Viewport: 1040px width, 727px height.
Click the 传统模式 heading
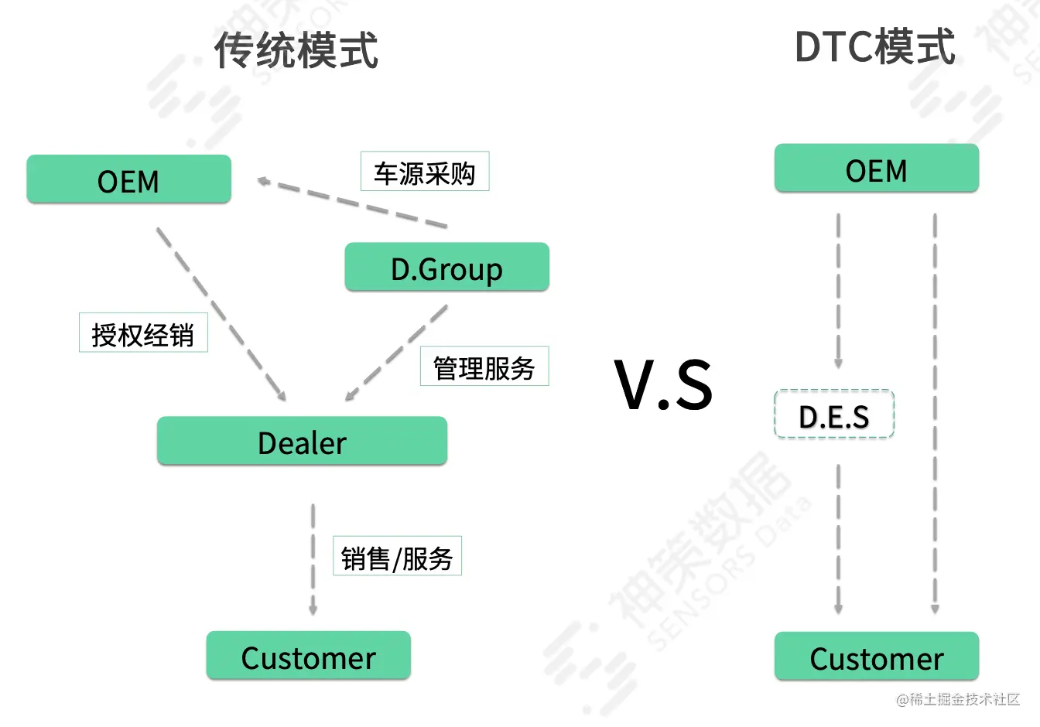coord(296,50)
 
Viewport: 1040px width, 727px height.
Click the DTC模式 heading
coord(874,47)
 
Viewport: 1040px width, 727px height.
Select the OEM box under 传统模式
coord(128,180)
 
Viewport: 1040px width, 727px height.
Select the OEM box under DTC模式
coord(876,169)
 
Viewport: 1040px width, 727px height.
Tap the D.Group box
coord(446,268)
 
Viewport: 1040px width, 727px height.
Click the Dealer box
coord(302,442)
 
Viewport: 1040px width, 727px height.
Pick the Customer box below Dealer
coord(308,657)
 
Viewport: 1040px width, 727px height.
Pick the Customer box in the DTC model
coord(876,657)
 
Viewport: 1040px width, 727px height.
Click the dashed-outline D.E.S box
coord(834,415)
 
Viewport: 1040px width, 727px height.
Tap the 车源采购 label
coord(425,172)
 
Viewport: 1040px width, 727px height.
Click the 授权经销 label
coord(143,333)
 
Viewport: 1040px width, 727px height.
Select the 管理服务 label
coord(484,367)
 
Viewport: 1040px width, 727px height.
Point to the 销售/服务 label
coord(397,556)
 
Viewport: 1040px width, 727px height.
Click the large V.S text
coord(664,384)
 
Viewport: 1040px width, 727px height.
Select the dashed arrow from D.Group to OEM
coord(352,203)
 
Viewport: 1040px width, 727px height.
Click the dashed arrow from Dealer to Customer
coord(313,559)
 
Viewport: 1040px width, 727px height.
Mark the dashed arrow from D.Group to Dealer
coord(396,353)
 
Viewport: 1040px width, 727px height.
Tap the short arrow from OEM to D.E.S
coord(838,290)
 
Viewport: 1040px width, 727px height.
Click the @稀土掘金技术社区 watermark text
coord(958,700)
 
